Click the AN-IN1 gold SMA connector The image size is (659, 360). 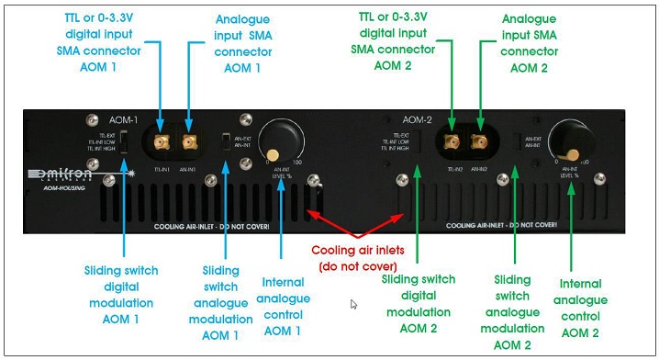pyautogui.click(x=190, y=141)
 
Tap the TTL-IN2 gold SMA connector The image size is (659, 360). pyautogui.click(x=452, y=141)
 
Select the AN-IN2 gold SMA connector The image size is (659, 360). pyautogui.click(x=477, y=141)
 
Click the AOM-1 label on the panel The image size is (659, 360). pyautogui.click(x=124, y=119)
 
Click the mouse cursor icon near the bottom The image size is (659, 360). pyautogui.click(x=353, y=304)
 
